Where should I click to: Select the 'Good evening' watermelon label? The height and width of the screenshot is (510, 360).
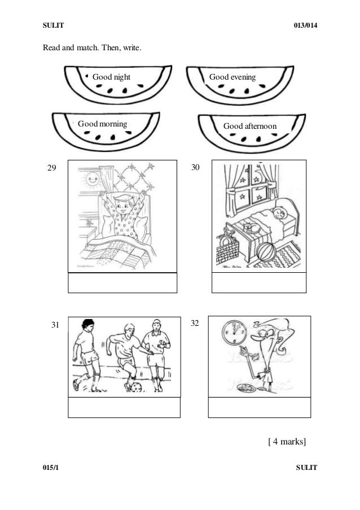232,76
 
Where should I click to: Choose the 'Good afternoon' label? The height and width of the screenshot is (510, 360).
250,125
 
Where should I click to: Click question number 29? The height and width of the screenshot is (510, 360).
52,168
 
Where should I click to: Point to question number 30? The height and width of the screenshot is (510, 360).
196,168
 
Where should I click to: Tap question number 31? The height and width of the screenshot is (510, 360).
55,325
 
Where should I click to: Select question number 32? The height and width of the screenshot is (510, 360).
195,323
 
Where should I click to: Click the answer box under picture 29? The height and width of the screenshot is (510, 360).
122,283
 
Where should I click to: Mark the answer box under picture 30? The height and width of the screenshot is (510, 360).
259,282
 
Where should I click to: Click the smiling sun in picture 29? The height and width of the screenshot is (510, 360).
89,181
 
